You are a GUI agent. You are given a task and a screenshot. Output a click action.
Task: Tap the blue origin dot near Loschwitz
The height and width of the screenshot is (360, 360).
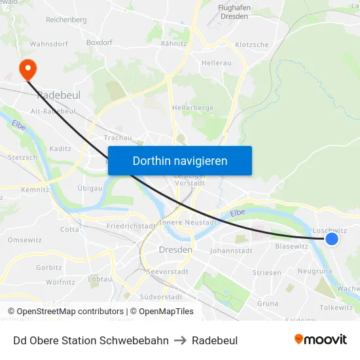[x=332, y=239]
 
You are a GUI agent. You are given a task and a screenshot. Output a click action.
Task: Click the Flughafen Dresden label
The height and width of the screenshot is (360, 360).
[x=234, y=12]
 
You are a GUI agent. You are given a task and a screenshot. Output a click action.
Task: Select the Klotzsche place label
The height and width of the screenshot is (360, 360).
[x=251, y=45]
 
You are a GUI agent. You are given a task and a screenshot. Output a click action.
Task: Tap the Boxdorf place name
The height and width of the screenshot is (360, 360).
[x=99, y=43]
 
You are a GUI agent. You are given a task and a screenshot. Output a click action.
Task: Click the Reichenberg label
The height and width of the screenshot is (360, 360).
[x=66, y=20]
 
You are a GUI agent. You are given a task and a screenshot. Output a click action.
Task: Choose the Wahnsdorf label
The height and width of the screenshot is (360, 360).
[x=49, y=45]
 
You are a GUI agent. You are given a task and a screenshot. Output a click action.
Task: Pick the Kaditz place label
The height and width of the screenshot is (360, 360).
[x=60, y=149]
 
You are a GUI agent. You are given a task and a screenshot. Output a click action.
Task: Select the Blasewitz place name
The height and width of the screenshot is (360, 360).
[x=291, y=247]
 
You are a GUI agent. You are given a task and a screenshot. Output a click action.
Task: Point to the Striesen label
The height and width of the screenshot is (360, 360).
[x=267, y=272]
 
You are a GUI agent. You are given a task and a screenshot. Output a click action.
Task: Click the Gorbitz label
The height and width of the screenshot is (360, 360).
[x=49, y=267]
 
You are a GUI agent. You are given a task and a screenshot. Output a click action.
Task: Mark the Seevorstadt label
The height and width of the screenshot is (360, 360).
[x=168, y=272]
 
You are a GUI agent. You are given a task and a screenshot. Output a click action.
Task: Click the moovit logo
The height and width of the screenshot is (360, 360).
[x=321, y=340]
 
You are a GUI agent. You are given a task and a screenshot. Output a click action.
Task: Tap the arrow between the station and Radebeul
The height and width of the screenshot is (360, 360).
[x=180, y=341]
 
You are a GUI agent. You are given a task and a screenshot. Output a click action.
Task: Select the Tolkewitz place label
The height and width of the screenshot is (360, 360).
[x=336, y=308]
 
